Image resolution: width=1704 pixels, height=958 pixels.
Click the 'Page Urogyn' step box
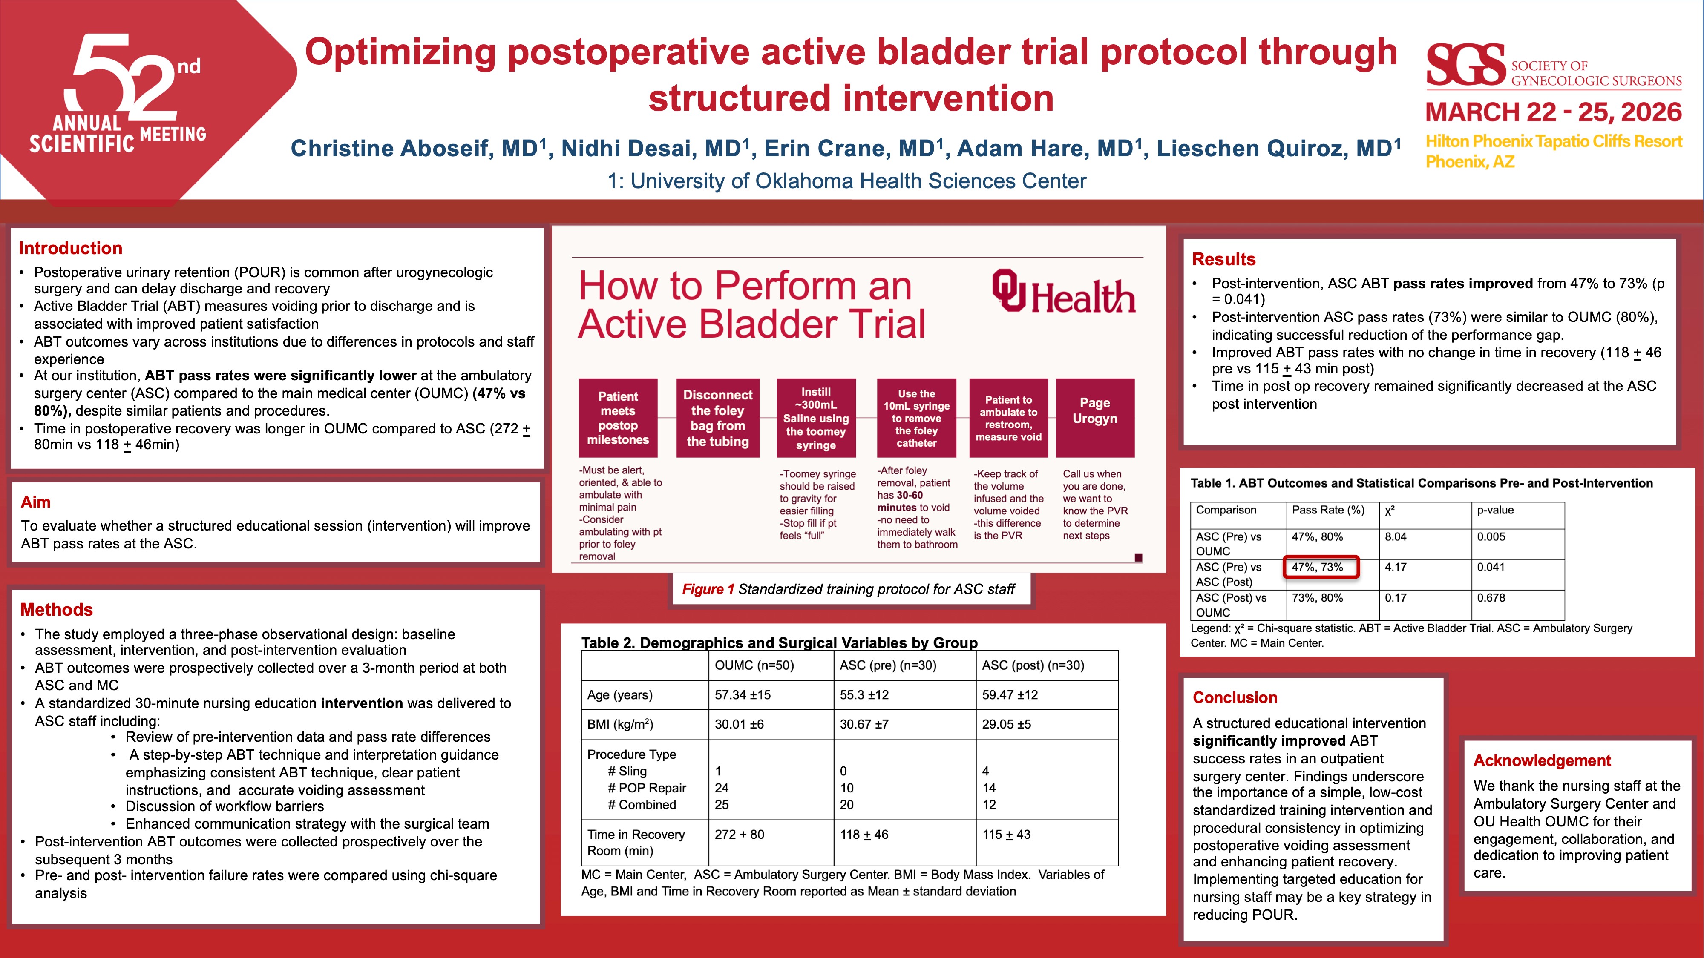point(1095,418)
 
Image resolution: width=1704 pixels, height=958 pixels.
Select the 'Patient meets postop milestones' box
point(618,418)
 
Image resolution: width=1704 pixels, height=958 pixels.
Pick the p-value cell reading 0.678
point(1491,598)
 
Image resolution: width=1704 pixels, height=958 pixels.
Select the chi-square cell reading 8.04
point(1396,537)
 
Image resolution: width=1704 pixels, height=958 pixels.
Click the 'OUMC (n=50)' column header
point(754,665)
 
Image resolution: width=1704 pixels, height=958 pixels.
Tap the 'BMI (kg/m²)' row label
point(620,724)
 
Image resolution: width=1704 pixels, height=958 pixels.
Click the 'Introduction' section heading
point(71,248)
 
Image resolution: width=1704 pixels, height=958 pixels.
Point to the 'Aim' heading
point(36,502)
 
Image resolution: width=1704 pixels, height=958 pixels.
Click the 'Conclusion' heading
point(1235,697)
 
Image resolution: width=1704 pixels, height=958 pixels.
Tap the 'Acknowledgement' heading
point(1542,761)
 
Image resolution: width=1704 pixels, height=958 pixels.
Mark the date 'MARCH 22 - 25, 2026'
point(1553,112)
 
